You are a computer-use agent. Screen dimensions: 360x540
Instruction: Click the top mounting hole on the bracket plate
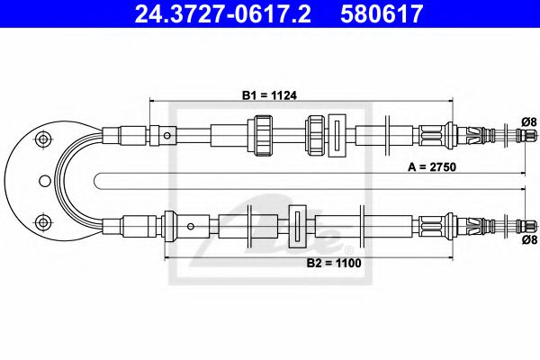pyautogui.click(x=40, y=139)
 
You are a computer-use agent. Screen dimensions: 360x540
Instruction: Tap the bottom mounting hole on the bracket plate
pyautogui.click(x=40, y=222)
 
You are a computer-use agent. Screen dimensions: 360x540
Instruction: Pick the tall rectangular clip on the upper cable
pyautogui.click(x=337, y=136)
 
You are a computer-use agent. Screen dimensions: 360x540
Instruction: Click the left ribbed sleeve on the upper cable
pyautogui.click(x=263, y=136)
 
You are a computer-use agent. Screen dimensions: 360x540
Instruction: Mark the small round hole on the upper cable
pyautogui.click(x=168, y=137)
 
